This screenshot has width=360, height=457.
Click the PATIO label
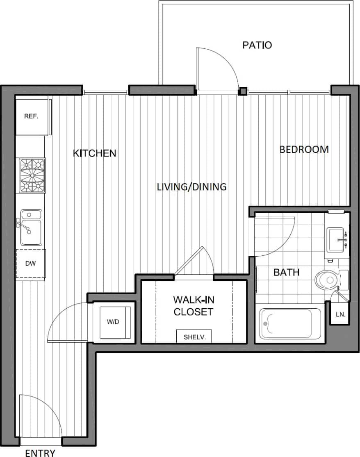(x=257, y=45)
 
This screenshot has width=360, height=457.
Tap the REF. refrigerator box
(x=32, y=116)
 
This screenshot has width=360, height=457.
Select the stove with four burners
(x=32, y=175)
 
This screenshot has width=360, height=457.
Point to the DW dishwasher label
(x=30, y=264)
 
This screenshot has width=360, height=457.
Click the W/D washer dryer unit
(x=113, y=322)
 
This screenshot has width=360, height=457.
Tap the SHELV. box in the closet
(x=194, y=336)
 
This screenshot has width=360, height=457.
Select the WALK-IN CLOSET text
(x=194, y=306)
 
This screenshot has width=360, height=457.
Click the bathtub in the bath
(x=290, y=324)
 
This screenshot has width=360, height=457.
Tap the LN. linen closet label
(x=340, y=315)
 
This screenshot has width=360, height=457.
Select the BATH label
(x=286, y=272)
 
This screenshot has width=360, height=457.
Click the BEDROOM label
(x=304, y=150)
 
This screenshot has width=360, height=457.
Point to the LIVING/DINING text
(x=192, y=187)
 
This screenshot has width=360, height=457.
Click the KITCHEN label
(x=95, y=153)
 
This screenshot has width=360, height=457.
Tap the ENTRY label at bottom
(x=40, y=452)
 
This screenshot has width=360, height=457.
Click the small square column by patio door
(x=243, y=91)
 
